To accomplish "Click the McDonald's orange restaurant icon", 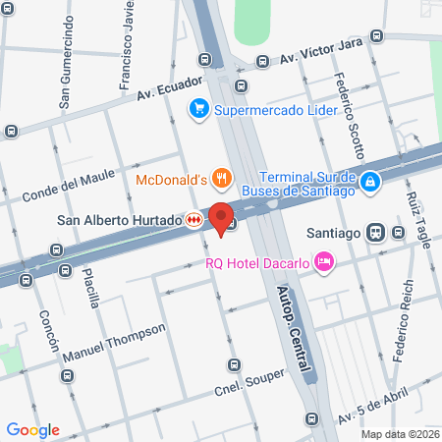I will tap(223, 179).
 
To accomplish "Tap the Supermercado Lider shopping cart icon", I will tap(199, 109).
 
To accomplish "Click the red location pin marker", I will tap(221, 217).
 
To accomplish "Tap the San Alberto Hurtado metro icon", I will tap(194, 220).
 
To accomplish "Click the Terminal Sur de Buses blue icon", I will tap(369, 182).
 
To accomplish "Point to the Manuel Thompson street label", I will tap(114, 343).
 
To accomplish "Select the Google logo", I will tap(32, 429).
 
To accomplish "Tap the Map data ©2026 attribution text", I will tap(399, 434).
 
